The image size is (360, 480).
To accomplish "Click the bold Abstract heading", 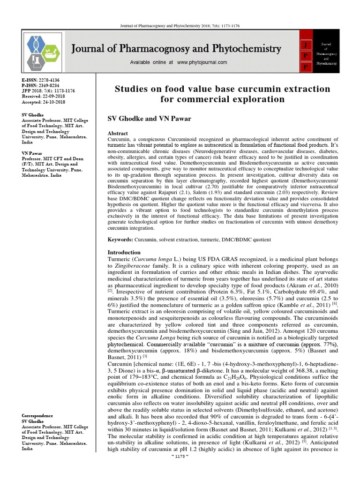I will [118, 134].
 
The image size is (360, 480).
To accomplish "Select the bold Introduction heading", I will [124, 252].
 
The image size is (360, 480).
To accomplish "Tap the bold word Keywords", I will [120, 240].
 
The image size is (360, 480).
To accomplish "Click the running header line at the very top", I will [180, 26].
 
